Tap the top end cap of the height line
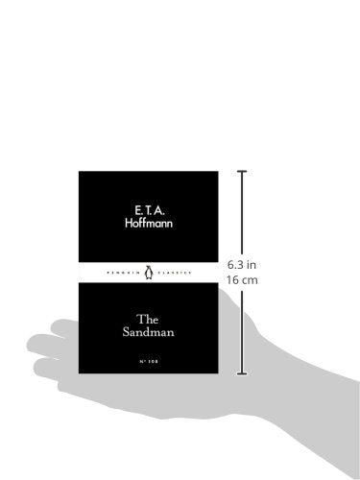(241, 173)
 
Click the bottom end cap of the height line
(241, 373)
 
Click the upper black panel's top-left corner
(80, 174)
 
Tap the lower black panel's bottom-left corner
(80, 372)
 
